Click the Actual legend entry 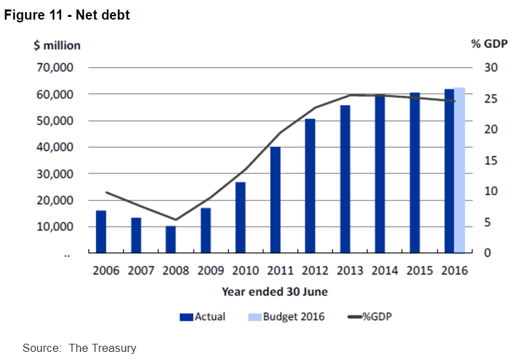click(x=202, y=317)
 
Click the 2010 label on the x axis click(x=245, y=271)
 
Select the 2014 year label click(x=385, y=271)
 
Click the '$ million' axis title click(x=57, y=45)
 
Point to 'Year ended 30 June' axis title click(x=275, y=292)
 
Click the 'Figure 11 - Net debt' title click(x=67, y=14)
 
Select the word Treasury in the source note click(x=112, y=348)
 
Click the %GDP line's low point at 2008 click(x=175, y=219)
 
